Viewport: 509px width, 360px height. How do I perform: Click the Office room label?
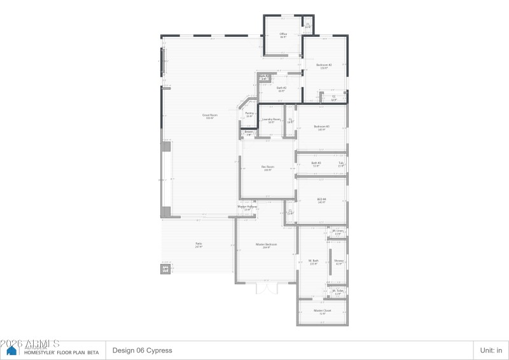(x=283, y=34)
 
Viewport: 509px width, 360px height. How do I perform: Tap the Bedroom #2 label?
(x=324, y=65)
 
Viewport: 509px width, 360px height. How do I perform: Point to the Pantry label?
(x=249, y=113)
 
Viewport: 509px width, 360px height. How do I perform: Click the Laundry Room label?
(x=272, y=119)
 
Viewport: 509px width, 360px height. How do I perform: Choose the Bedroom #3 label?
(x=322, y=127)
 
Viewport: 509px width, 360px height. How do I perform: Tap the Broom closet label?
(x=249, y=132)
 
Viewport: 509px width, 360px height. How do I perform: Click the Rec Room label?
(x=267, y=167)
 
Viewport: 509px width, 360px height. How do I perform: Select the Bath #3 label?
(x=316, y=163)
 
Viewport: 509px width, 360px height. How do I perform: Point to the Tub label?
(x=341, y=163)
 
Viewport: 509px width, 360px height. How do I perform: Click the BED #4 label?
(x=322, y=199)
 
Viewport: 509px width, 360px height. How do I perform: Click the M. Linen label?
(x=338, y=231)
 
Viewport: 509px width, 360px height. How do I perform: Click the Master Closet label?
(x=323, y=310)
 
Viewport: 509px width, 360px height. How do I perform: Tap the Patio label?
(x=199, y=244)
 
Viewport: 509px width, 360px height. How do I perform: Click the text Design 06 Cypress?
(x=142, y=350)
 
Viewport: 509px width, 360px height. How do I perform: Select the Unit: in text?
(x=491, y=350)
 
